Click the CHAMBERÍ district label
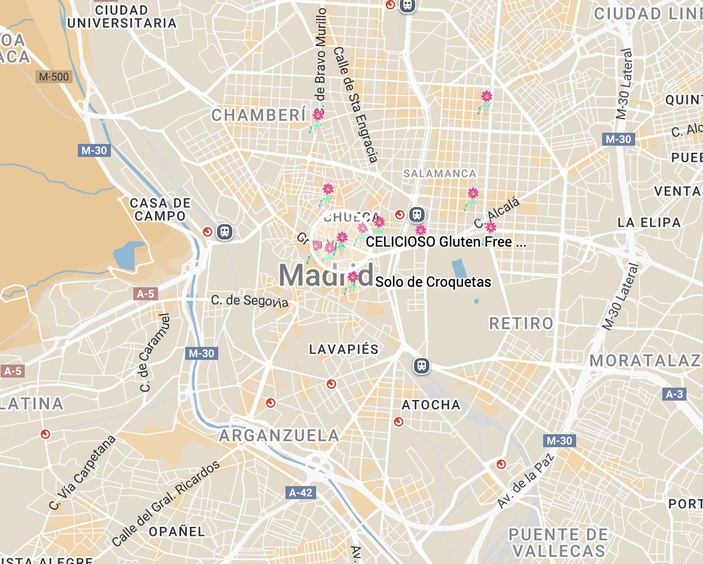pos(258,115)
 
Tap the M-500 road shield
pos(53,77)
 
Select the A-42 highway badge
pos(301,492)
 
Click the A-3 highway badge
pos(674,394)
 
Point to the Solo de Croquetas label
pos(433,282)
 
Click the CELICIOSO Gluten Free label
pos(445,241)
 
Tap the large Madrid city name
pos(326,275)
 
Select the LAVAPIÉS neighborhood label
pos(344,349)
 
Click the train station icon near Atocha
pos(421,366)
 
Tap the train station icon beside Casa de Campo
pos(225,232)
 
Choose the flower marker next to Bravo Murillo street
pos(318,115)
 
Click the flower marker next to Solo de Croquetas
pos(353,277)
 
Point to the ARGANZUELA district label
pos(280,436)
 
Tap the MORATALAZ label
pos(646,360)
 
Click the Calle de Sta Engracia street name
pos(355,105)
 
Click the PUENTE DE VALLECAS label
pos(557,543)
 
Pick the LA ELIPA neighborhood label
pos(649,222)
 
